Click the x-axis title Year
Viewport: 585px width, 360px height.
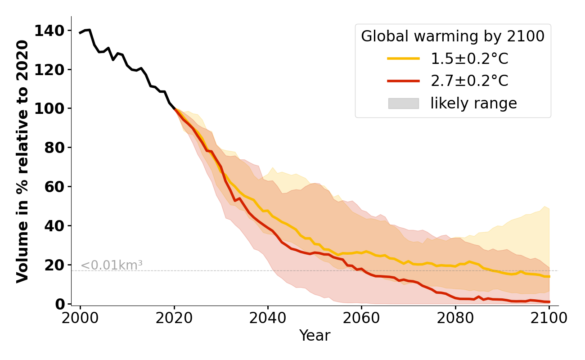tap(315, 336)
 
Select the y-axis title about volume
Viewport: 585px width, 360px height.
tap(22, 161)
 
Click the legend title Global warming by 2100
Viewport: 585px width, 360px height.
tap(453, 36)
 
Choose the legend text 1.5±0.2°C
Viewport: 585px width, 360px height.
tap(469, 59)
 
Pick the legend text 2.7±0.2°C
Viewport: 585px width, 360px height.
tap(469, 81)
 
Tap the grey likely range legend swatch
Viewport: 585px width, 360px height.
tap(403, 103)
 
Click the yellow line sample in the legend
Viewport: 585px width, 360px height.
tap(403, 58)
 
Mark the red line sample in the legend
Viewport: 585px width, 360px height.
tap(403, 81)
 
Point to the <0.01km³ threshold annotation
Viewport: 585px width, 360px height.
tap(112, 265)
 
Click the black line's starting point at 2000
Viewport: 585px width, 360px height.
tap(81, 33)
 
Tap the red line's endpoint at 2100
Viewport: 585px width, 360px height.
tap(549, 302)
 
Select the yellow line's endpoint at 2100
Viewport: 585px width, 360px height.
tap(549, 276)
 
